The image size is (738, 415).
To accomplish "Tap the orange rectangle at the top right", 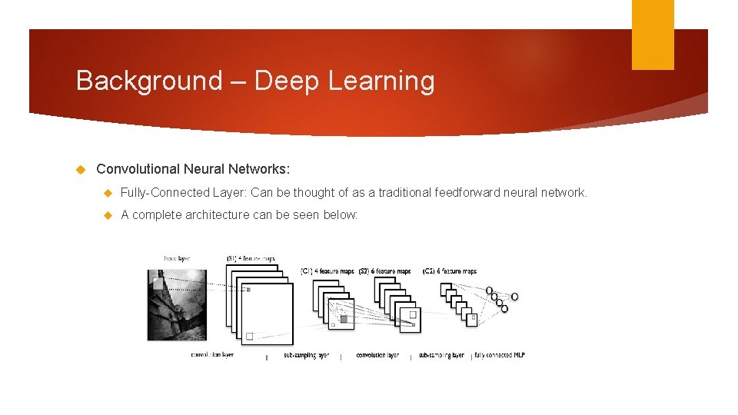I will point(653,35).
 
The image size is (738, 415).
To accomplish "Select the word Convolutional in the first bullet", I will point(138,169).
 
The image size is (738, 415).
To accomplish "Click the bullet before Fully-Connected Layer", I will point(108,193).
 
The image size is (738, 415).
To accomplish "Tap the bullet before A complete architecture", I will point(108,215).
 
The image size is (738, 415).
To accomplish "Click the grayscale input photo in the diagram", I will point(177,304).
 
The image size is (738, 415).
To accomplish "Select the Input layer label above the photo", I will point(177,259).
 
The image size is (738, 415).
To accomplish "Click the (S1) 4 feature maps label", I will point(251,259).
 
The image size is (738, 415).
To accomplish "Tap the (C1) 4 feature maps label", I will point(327,271).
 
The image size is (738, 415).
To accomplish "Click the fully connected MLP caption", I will point(500,356).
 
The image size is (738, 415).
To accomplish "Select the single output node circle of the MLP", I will point(515,297).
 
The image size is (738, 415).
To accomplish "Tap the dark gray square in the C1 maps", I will point(344,319).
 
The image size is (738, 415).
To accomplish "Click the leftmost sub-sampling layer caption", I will point(306,356).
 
